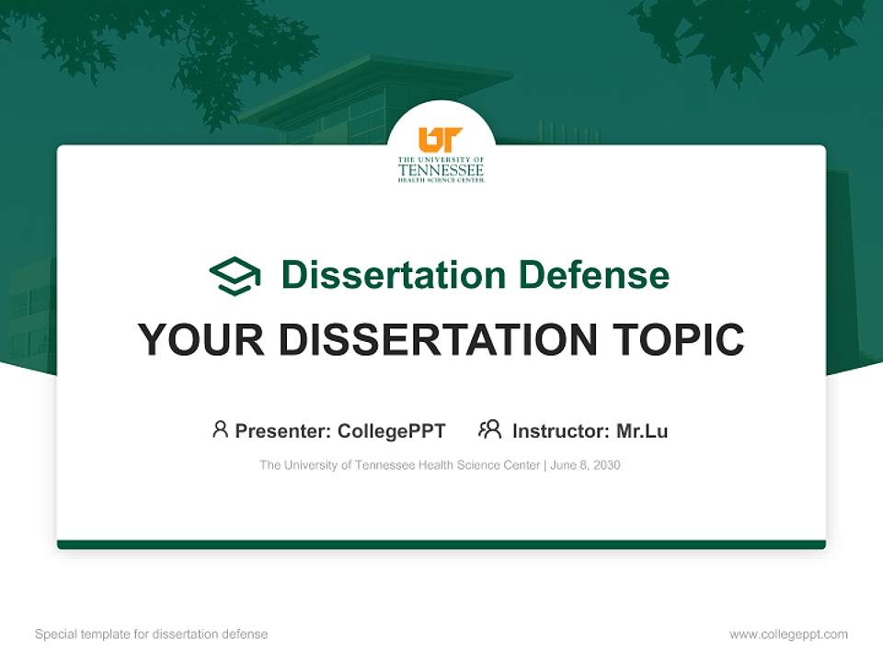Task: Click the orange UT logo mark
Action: click(x=441, y=140)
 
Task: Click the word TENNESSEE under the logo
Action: click(x=441, y=170)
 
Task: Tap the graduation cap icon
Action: click(x=235, y=276)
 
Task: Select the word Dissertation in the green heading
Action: click(x=394, y=275)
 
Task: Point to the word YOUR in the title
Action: click(x=200, y=340)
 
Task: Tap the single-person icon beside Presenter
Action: click(x=220, y=429)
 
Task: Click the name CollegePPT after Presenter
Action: click(x=392, y=431)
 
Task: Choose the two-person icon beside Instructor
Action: click(x=489, y=429)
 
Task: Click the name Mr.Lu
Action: click(x=642, y=431)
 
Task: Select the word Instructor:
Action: click(x=561, y=431)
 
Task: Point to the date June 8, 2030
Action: click(x=586, y=465)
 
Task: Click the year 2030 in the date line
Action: click(x=606, y=465)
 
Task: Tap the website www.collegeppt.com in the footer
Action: click(x=788, y=634)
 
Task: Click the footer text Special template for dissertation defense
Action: click(x=151, y=634)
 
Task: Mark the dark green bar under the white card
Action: click(x=441, y=544)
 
